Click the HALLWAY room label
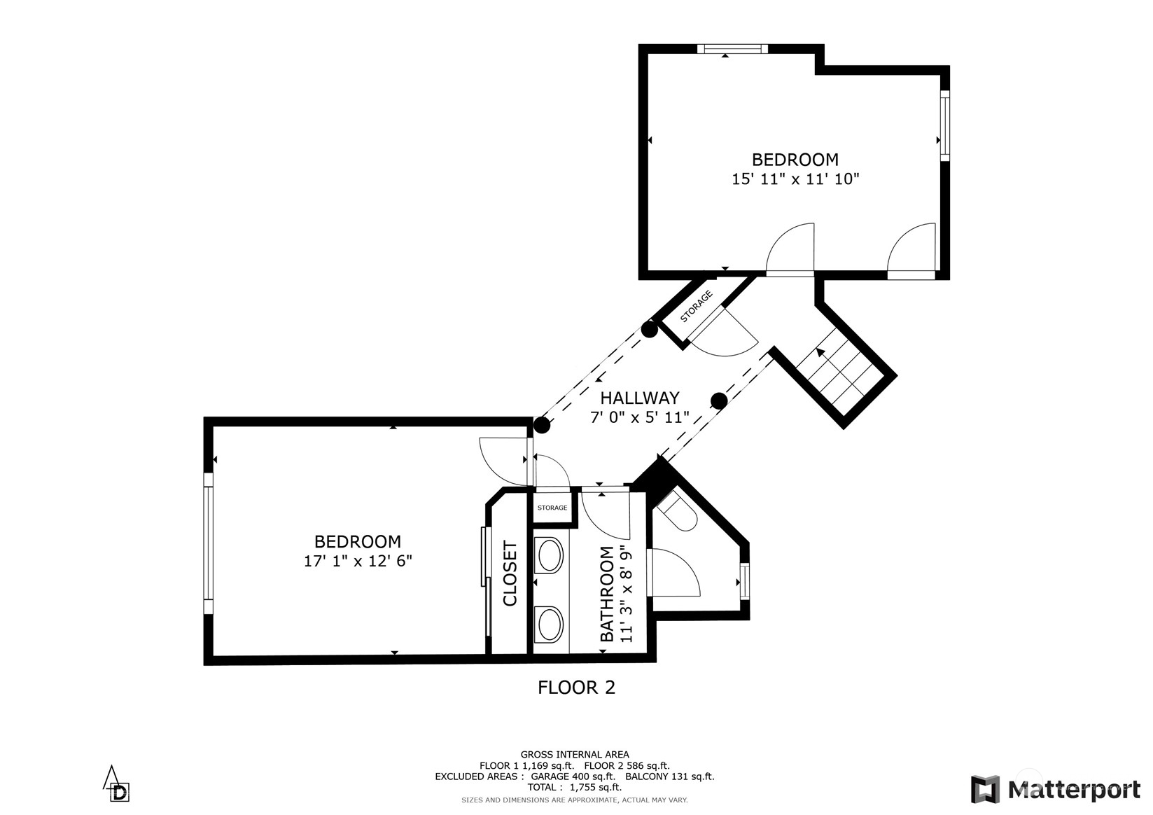pyautogui.click(x=639, y=398)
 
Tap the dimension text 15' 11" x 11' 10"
pyautogui.click(x=795, y=179)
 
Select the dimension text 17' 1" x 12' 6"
pyautogui.click(x=358, y=561)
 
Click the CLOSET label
pyautogui.click(x=510, y=574)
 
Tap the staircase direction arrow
pyautogui.click(x=820, y=354)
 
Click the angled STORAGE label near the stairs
pyautogui.click(x=697, y=306)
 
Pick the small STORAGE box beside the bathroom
pyautogui.click(x=552, y=508)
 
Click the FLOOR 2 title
pyautogui.click(x=576, y=688)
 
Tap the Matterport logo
pyautogui.click(x=1056, y=790)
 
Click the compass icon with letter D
pyautogui.click(x=117, y=785)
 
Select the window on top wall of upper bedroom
pyautogui.click(x=732, y=49)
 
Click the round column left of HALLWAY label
pyautogui.click(x=541, y=424)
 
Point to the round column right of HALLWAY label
pyautogui.click(x=719, y=400)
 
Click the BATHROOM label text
pyautogui.click(x=607, y=594)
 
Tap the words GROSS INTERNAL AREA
pyautogui.click(x=574, y=755)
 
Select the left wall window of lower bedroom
pyautogui.click(x=208, y=543)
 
